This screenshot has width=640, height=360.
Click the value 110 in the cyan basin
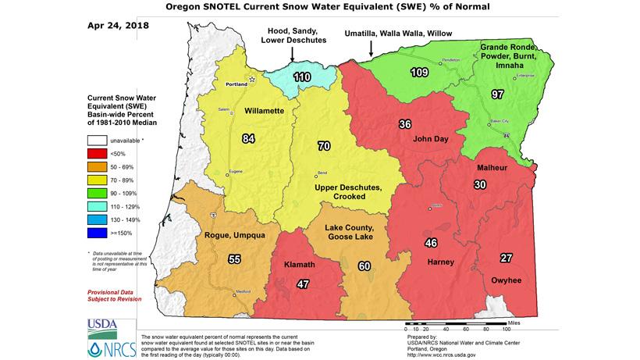[301, 77]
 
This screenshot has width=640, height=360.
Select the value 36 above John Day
[405, 124]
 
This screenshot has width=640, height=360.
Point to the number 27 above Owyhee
[506, 258]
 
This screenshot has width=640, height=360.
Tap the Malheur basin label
[492, 168]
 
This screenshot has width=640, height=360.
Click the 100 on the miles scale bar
[496, 328]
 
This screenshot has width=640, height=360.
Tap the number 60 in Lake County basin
[363, 266]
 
